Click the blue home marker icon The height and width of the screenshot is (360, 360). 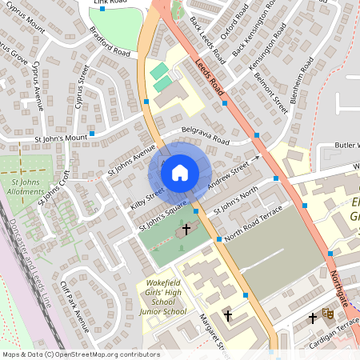point(180,172)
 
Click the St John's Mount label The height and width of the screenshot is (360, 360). point(55,138)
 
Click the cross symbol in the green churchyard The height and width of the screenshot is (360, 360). point(186,229)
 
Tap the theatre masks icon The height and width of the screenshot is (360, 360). point(326,314)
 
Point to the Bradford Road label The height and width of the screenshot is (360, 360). point(110,47)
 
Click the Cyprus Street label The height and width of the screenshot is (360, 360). point(81,87)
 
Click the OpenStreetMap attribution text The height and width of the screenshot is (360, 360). point(80,354)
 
